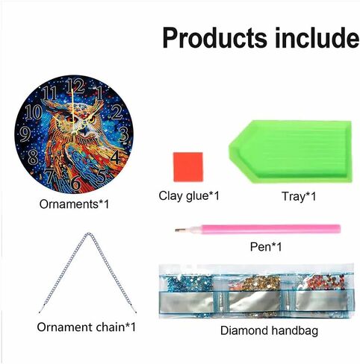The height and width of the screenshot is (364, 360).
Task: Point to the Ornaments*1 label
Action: (x=73, y=202)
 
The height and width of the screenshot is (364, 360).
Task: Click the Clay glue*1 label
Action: (x=189, y=196)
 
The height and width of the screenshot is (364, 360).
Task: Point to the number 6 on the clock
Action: (x=75, y=181)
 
